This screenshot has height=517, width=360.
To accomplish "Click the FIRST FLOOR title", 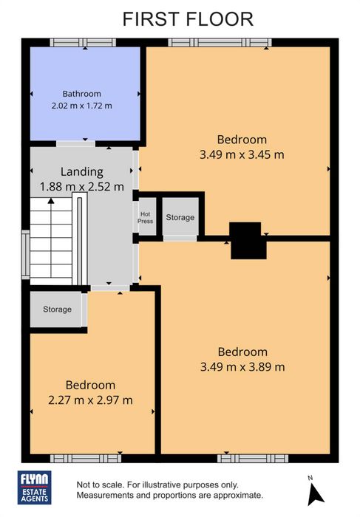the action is (188, 19).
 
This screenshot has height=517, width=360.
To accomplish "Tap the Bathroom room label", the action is (82, 94).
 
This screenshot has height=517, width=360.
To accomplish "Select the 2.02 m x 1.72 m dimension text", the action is (82, 106).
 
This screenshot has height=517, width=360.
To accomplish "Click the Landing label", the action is (82, 172).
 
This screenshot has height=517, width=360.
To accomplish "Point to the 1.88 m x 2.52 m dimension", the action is (82, 187).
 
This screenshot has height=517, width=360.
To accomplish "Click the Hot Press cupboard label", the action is (145, 218).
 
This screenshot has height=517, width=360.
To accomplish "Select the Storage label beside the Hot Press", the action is (180, 217).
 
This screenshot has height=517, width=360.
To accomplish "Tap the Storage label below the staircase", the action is (57, 309).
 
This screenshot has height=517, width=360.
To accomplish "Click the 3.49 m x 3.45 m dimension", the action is (242, 154).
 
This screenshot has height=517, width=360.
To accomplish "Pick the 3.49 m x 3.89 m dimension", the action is (242, 367).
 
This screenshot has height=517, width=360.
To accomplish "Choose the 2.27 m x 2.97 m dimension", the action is (90, 400).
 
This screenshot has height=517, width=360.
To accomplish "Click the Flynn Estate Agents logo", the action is (34, 487).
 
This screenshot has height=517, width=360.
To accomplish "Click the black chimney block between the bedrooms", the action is (248, 241).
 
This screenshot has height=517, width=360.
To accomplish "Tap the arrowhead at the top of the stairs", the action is (51, 200).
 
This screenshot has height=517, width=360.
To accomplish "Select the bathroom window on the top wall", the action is (83, 43).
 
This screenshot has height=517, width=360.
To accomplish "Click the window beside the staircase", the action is (26, 255).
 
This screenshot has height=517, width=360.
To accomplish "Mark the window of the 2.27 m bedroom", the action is (86, 459).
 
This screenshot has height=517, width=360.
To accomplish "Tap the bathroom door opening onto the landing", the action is (75, 144).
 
